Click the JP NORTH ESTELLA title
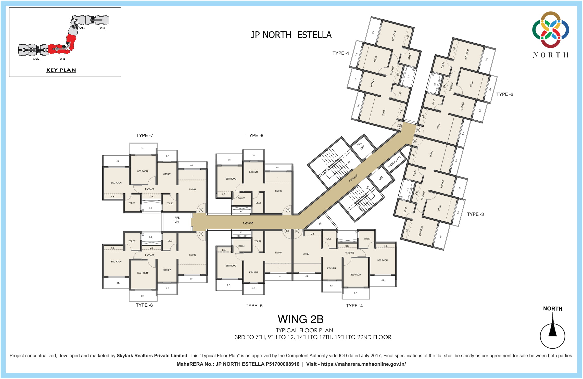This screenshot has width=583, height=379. point(291,35)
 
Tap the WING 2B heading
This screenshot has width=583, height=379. point(301,319)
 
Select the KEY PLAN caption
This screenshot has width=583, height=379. point(61,70)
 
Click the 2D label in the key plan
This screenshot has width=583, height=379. point(103,28)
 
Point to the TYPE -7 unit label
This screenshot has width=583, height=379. point(145,135)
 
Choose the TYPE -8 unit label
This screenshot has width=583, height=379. point(255,135)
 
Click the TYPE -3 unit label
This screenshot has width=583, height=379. point(475,214)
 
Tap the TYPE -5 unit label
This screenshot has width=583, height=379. point(254,306)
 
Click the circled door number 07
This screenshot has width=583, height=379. point(201,210)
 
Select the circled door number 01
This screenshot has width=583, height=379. point(400,126)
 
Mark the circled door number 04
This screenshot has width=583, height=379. point(297,231)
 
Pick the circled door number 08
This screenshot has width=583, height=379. point(288,210)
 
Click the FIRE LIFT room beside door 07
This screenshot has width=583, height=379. point(177,220)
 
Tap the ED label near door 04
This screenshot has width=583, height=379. point(321,224)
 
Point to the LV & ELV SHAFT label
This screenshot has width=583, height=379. point(394,162)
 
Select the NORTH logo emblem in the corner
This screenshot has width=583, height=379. point(551,30)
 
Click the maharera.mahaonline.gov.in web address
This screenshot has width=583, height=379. point(363,364)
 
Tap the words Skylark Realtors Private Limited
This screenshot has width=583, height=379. point(152,356)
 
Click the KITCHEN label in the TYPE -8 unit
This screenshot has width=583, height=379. point(253,172)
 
